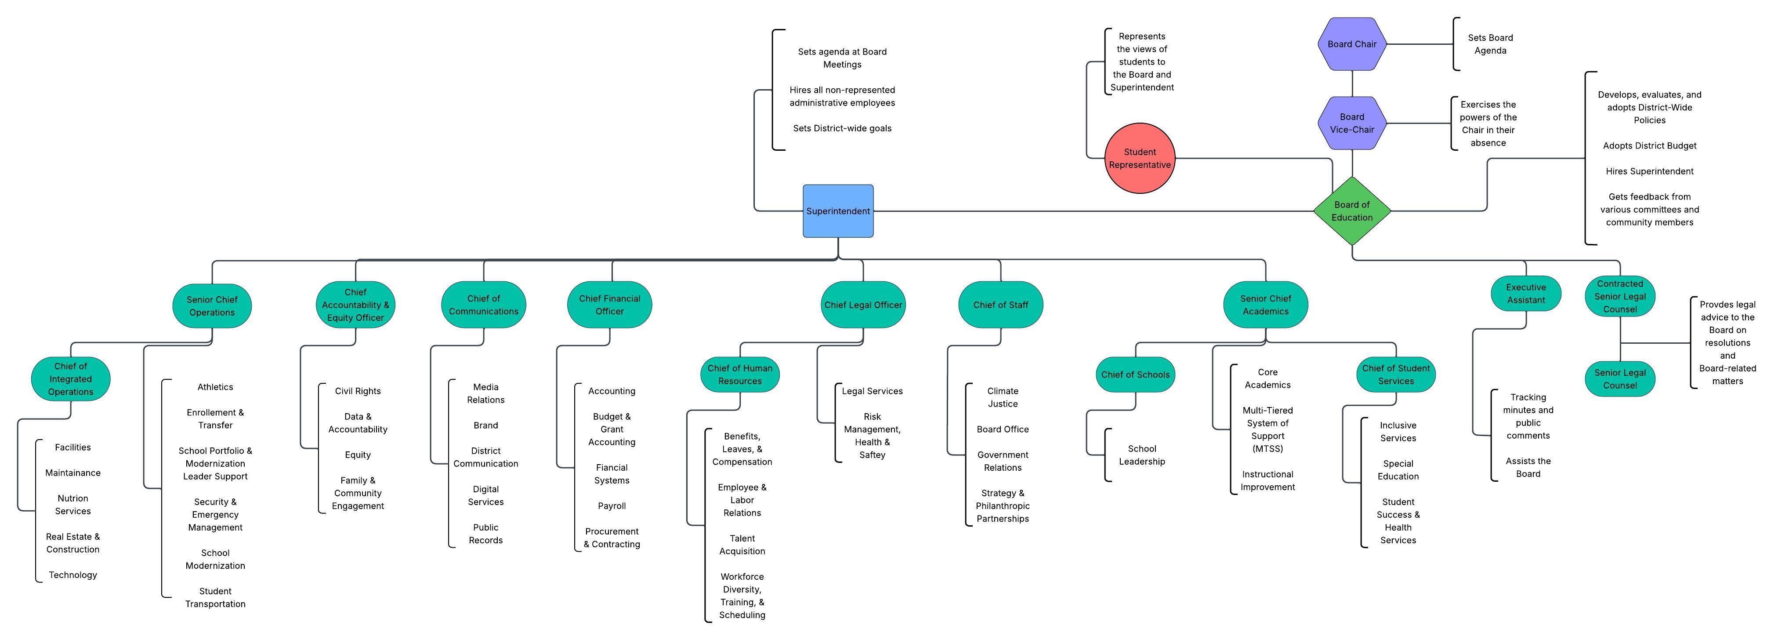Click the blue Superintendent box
point(838,211)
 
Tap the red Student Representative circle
point(1140,158)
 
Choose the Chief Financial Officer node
point(609,305)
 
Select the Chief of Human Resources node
point(740,374)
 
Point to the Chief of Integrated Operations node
point(70,378)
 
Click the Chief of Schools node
point(1135,374)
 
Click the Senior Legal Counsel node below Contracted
point(1619,378)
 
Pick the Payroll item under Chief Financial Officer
point(612,505)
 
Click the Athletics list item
point(215,387)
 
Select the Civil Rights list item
point(358,391)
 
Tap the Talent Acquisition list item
point(742,544)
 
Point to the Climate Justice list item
point(1002,397)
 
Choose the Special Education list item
point(1398,469)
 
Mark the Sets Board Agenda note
point(1490,44)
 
